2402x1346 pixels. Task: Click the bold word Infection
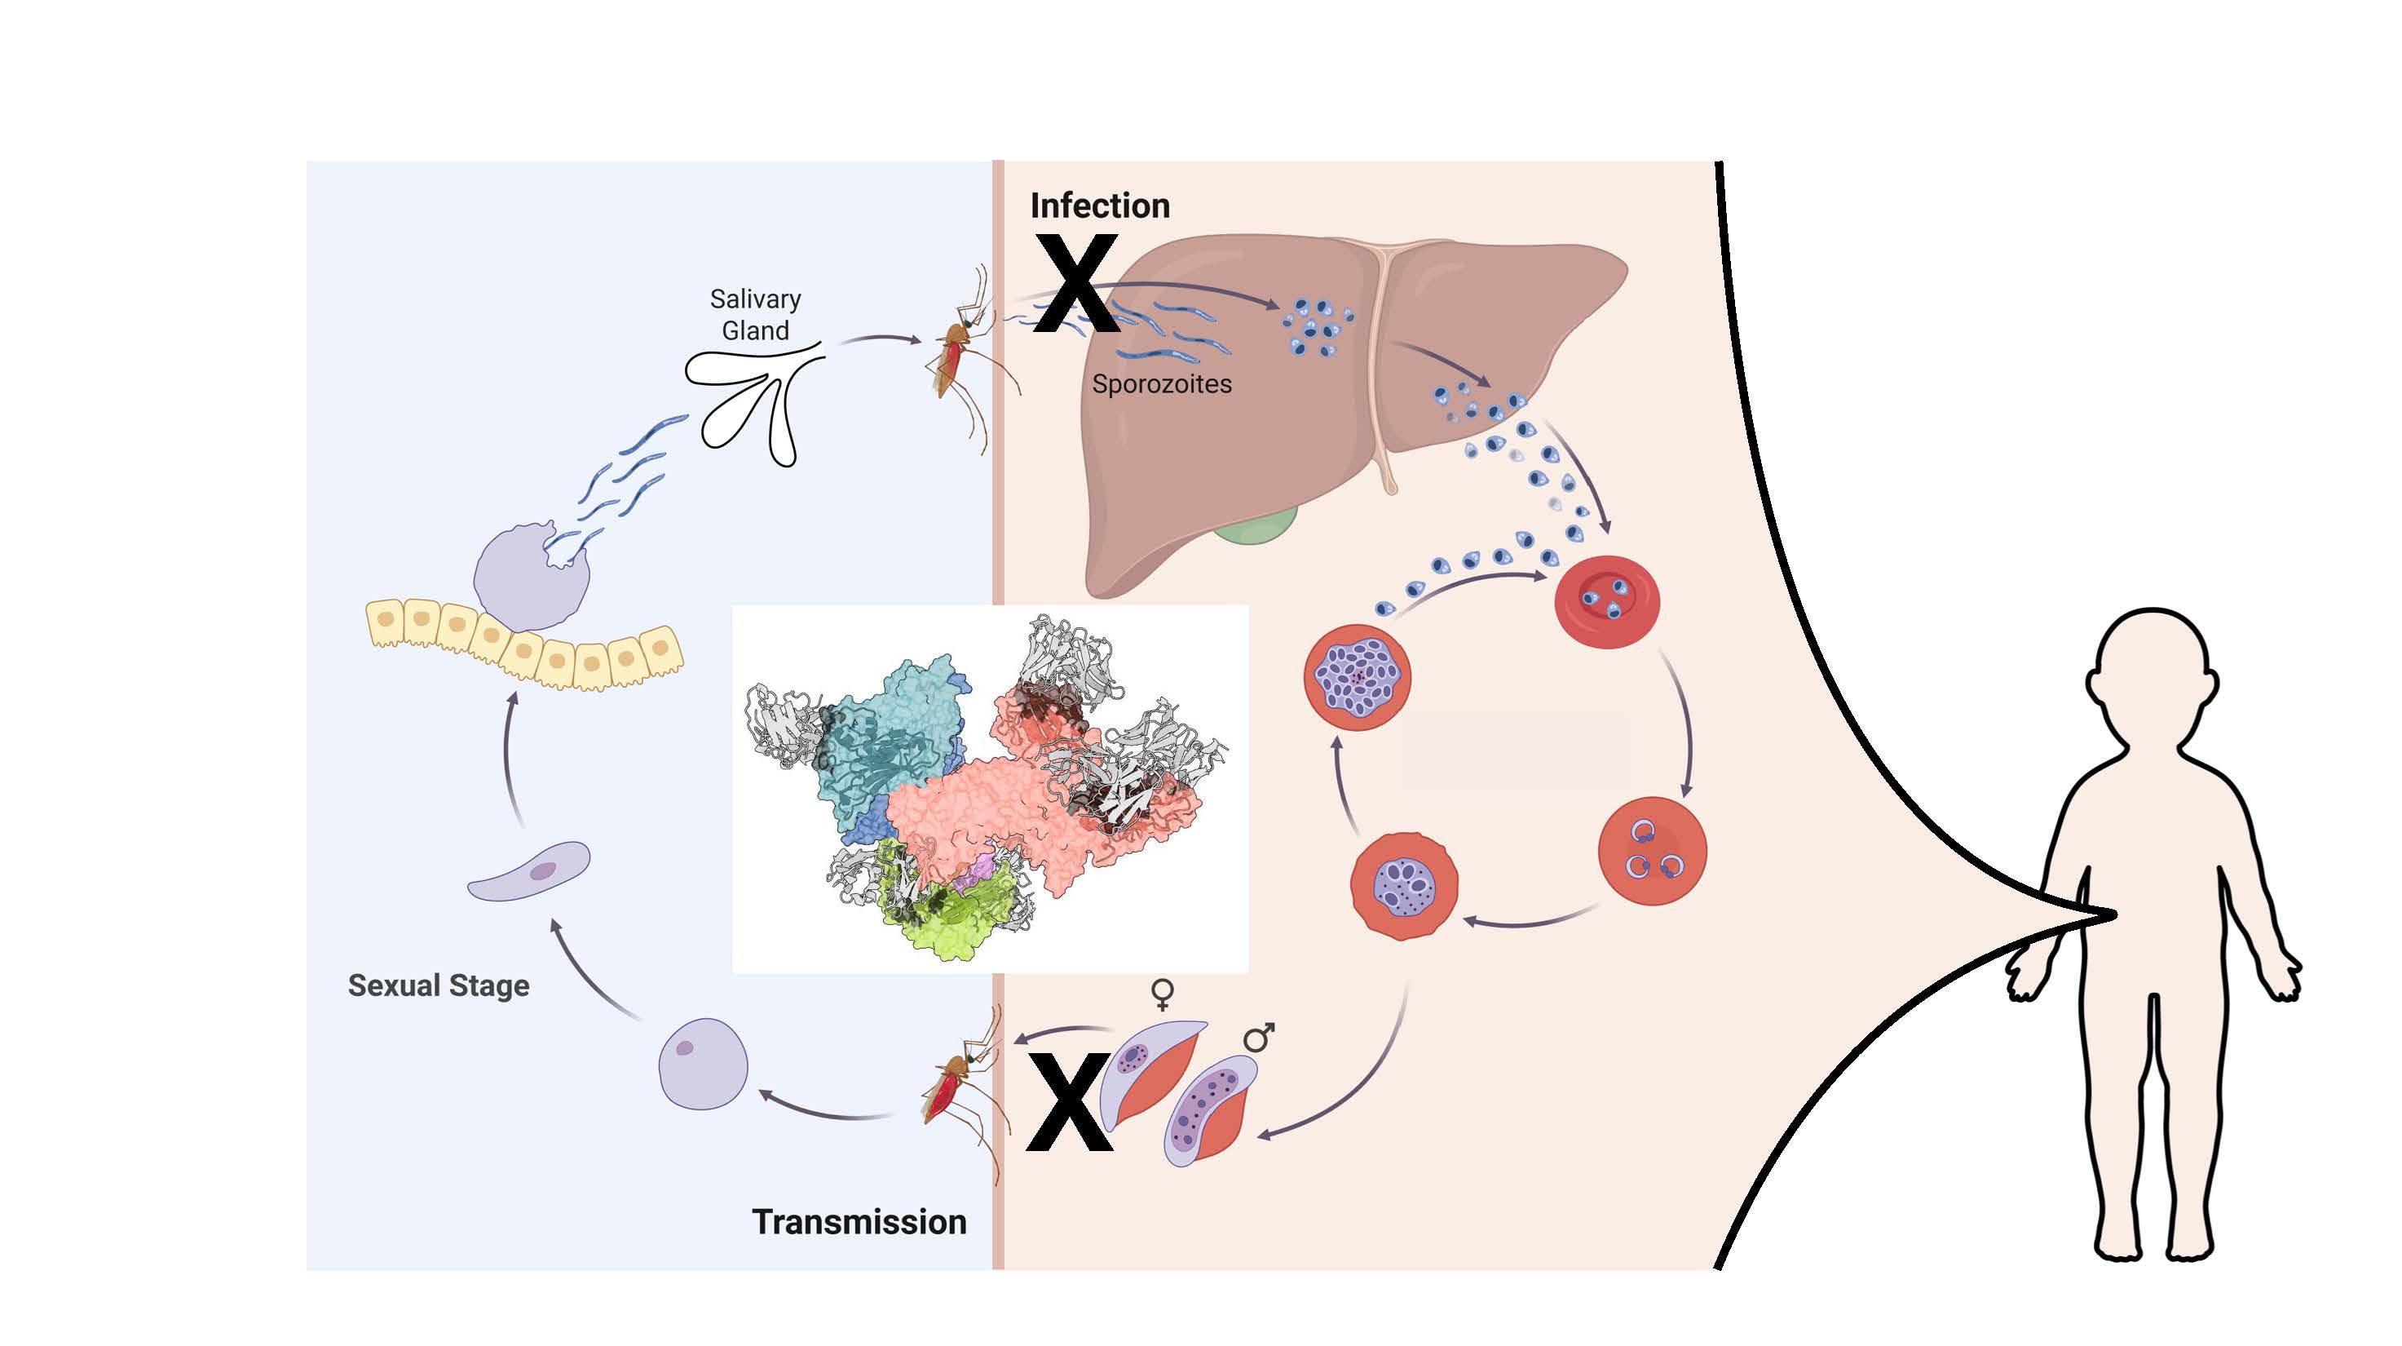coord(1099,206)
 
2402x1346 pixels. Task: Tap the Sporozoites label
coord(1161,383)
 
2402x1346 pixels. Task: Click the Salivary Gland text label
coord(755,314)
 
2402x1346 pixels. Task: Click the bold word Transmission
coord(859,1221)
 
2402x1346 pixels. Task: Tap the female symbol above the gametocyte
coord(1162,994)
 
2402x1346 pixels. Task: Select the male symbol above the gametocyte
coord(1258,1038)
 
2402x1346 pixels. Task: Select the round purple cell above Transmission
coord(703,1064)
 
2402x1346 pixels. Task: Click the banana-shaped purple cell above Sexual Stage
coord(528,871)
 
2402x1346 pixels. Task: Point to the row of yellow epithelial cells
coord(522,644)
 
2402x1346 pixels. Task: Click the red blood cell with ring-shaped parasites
coord(1653,851)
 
